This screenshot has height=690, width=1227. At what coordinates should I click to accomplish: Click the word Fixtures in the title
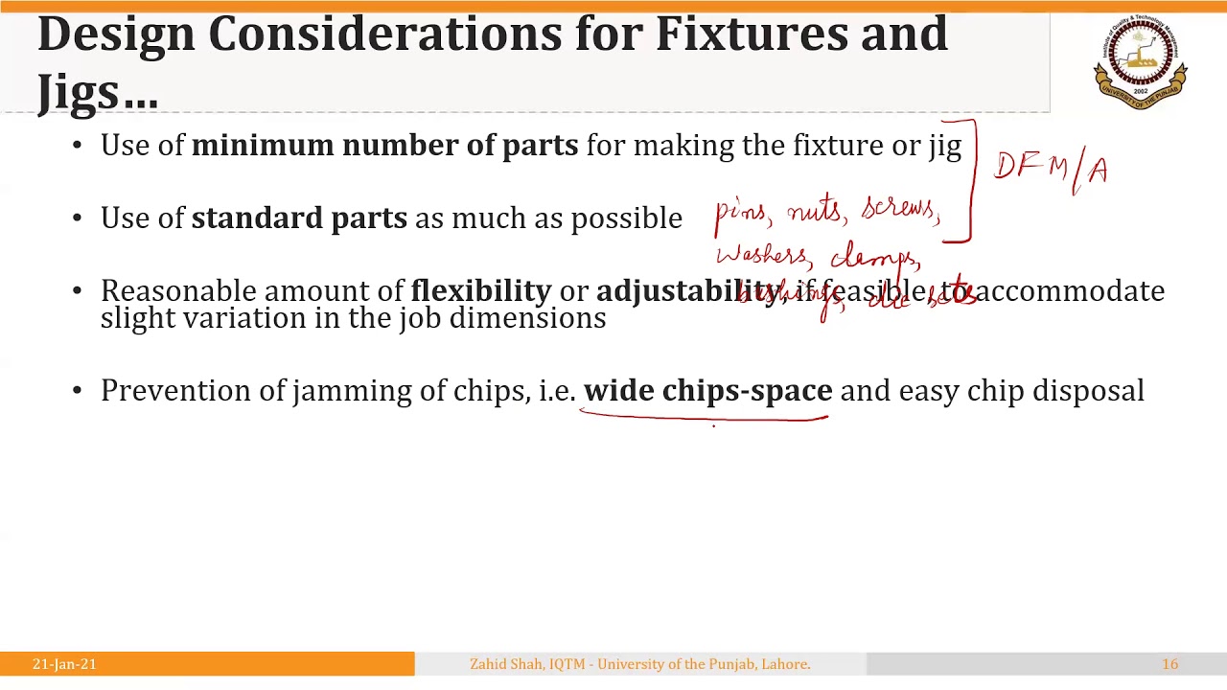pyautogui.click(x=752, y=34)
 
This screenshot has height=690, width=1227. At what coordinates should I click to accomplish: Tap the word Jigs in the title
pyautogui.click(x=79, y=92)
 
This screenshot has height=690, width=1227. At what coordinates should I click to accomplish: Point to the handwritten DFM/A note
pyautogui.click(x=1052, y=169)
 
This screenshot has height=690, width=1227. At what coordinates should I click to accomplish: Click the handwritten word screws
pyautogui.click(x=899, y=208)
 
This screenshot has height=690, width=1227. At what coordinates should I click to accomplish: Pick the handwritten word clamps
pyautogui.click(x=875, y=257)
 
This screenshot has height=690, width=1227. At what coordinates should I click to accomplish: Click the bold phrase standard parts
pyautogui.click(x=299, y=218)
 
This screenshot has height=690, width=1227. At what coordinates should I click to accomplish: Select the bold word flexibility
pyautogui.click(x=480, y=291)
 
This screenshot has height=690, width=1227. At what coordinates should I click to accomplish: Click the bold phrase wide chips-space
pyautogui.click(x=707, y=391)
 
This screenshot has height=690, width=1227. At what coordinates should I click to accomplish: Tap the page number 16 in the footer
pyautogui.click(x=1169, y=664)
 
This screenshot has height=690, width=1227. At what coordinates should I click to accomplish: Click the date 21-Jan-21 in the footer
pyautogui.click(x=64, y=664)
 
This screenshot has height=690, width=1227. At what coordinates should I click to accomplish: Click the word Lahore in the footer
pyautogui.click(x=785, y=664)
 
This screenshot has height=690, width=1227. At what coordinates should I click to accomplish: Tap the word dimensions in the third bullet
pyautogui.click(x=527, y=318)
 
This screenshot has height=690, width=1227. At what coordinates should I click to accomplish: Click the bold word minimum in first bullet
pyautogui.click(x=262, y=146)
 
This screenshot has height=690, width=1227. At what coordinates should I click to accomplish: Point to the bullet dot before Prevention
pyautogui.click(x=78, y=391)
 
